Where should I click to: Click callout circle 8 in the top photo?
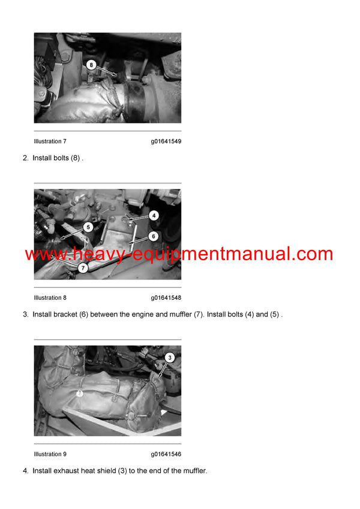[x=91, y=64]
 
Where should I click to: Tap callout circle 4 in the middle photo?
[x=154, y=215]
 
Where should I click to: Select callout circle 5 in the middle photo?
[x=88, y=227]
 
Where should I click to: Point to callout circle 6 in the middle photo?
[x=154, y=236]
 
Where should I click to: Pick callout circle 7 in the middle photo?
[x=82, y=268]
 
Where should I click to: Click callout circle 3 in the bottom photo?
[x=170, y=357]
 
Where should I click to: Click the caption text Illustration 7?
[x=50, y=141]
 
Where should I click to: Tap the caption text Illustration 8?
[x=50, y=298]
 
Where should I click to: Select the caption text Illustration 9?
[x=50, y=454]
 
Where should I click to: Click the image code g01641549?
[x=166, y=141]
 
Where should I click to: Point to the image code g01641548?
[x=166, y=298]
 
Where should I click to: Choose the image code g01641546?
[x=166, y=454]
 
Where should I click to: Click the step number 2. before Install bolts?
[x=26, y=158]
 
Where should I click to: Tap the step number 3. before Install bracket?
[x=26, y=315]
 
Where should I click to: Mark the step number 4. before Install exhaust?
[x=26, y=471]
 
